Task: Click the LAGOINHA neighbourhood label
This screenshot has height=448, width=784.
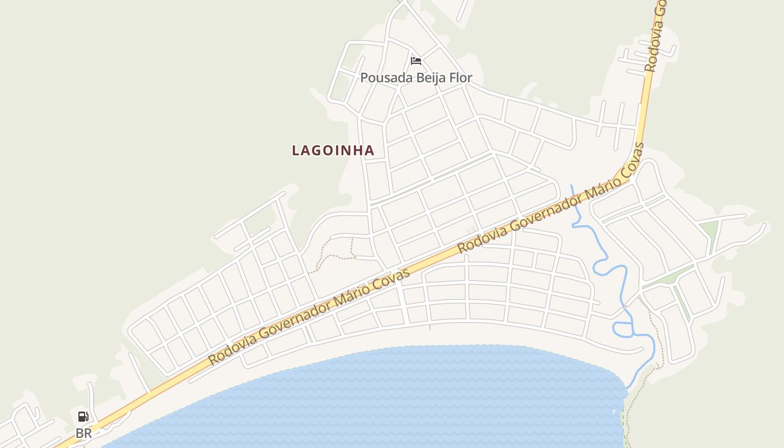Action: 333,150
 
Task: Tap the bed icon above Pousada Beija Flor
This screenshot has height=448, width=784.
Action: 416,60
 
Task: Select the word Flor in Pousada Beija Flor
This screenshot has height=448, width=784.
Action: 458,78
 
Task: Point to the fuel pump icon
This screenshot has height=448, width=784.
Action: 83,416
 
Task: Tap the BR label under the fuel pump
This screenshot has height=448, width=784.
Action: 83,433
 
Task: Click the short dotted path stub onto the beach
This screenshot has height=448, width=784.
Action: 430,326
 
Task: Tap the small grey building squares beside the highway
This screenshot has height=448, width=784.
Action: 471,230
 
